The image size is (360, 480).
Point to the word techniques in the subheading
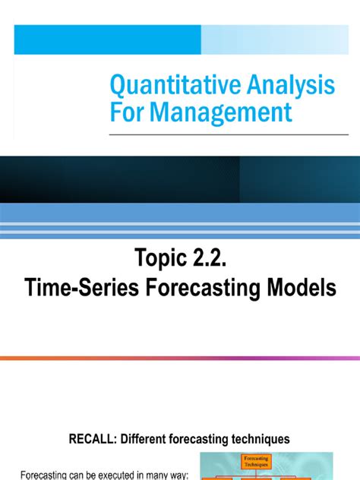pyautogui.click(x=262, y=438)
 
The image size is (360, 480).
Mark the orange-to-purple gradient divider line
pyautogui.click(x=180, y=357)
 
